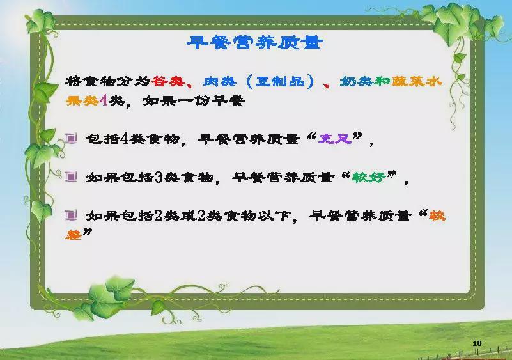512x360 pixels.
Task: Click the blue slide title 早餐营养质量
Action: [255, 42]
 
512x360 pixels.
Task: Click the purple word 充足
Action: [335, 139]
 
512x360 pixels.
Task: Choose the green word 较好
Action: [369, 177]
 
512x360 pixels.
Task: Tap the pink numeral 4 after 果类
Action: [104, 100]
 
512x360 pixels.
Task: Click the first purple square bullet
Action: [70, 139]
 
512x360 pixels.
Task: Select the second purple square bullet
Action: [70, 176]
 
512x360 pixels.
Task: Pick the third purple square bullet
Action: [70, 215]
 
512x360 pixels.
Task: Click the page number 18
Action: [477, 343]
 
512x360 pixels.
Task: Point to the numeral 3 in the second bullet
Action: [159, 177]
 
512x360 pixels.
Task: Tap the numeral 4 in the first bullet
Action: [124, 139]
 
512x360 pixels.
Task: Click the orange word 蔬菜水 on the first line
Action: [417, 81]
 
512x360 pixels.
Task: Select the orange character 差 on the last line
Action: [74, 235]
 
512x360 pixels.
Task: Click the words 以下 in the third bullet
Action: [274, 216]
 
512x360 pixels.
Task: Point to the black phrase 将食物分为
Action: [108, 81]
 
